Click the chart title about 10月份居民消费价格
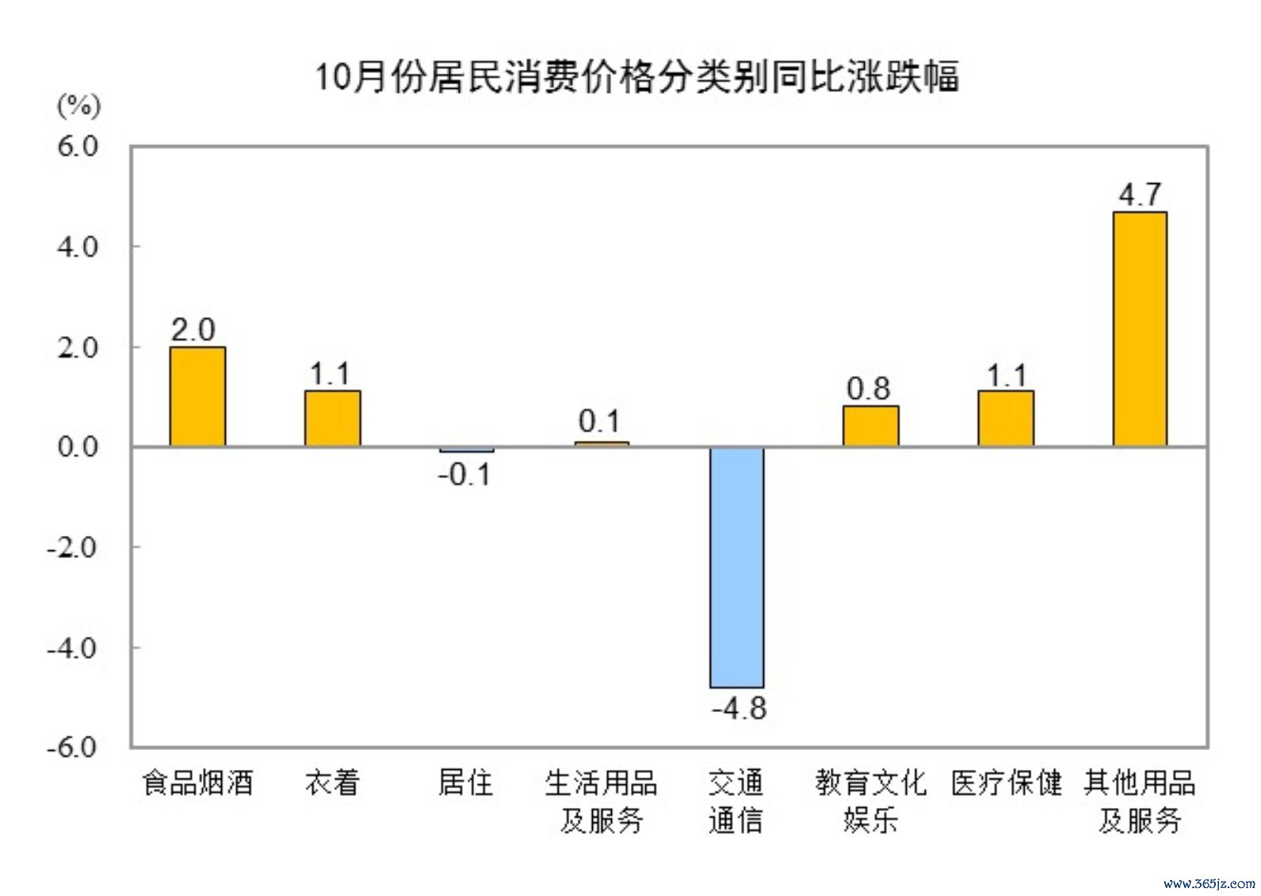click(637, 78)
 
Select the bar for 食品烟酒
click(197, 396)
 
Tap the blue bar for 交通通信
click(736, 567)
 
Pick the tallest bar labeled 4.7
click(1140, 329)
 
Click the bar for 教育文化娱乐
click(870, 427)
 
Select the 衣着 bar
click(332, 419)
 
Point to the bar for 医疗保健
click(1005, 419)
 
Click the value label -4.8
click(739, 708)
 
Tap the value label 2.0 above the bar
click(193, 330)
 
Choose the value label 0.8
click(868, 389)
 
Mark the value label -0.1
click(464, 475)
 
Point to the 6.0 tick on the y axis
click(78, 146)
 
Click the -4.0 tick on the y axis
click(72, 648)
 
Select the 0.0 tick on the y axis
click(78, 446)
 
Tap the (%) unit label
click(78, 105)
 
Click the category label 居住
click(465, 783)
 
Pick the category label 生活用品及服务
click(601, 801)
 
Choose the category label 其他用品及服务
click(1140, 801)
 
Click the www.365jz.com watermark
click(1209, 883)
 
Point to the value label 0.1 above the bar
click(599, 421)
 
